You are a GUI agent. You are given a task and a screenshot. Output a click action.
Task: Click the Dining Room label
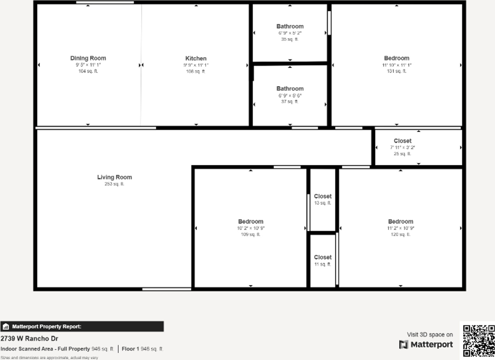tap(88, 58)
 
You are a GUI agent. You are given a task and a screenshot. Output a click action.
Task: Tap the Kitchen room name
tap(196, 58)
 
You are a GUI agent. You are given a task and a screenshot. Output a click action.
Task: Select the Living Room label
tap(114, 177)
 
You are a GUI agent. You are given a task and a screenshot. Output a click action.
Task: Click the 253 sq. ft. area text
tap(114, 184)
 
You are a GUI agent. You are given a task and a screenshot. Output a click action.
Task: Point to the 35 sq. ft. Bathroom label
tap(290, 26)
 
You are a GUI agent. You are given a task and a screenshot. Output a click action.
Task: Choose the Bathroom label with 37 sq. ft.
tap(290, 89)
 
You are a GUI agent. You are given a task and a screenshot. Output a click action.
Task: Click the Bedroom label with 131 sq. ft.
tap(396, 58)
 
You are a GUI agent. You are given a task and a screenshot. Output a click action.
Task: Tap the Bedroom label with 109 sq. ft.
tap(251, 222)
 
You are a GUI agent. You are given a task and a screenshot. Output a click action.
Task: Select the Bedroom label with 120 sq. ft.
tap(400, 222)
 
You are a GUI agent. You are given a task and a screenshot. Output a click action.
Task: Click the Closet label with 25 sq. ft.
tap(402, 141)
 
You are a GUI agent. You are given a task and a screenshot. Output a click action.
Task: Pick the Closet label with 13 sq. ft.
tap(323, 196)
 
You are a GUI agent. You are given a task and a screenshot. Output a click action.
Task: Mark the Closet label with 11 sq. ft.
tap(323, 258)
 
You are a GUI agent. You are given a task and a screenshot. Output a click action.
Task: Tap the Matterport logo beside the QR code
tap(426, 345)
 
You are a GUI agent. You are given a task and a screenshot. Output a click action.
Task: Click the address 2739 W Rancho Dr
tap(29, 339)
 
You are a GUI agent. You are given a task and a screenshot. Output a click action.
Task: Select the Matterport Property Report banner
tap(82, 327)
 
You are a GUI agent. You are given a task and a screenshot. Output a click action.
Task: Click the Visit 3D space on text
tap(430, 334)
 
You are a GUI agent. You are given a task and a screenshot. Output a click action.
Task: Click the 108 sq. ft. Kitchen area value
tap(196, 72)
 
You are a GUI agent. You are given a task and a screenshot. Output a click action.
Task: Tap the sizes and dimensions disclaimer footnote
tap(49, 358)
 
